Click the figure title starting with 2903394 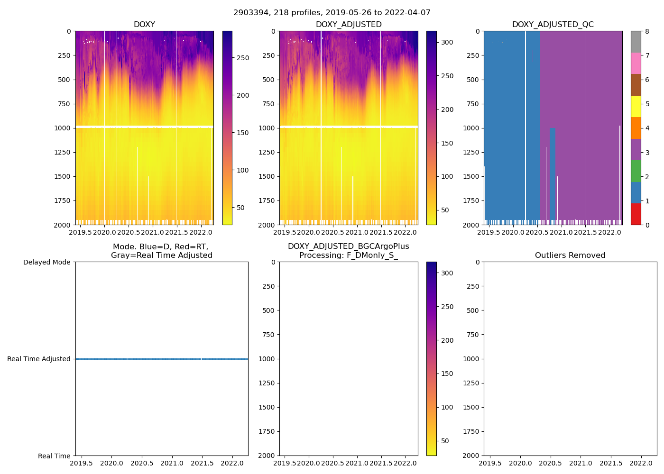[x=332, y=13]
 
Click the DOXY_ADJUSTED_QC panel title [x=553, y=24]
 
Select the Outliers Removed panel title [x=570, y=255]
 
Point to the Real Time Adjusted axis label [x=39, y=359]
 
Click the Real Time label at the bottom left [x=54, y=456]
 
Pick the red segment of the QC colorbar [x=636, y=214]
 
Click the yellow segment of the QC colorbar [x=636, y=106]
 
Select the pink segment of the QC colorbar [x=636, y=63]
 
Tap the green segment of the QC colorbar [x=636, y=171]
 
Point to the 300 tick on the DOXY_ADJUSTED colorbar [x=447, y=42]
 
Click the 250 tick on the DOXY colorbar [x=243, y=58]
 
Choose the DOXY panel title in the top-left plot [x=144, y=24]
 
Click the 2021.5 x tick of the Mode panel [x=202, y=463]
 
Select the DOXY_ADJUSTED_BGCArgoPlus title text [x=348, y=246]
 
